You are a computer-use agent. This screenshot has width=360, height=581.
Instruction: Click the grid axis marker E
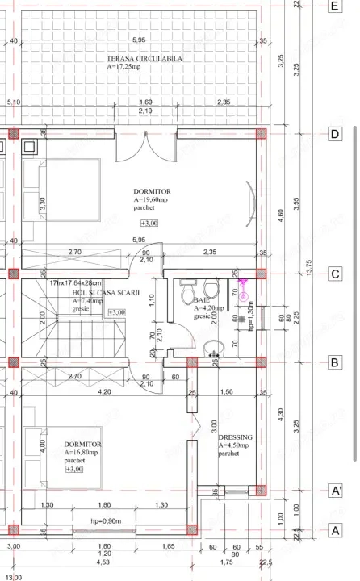pyautogui.click(x=334, y=6)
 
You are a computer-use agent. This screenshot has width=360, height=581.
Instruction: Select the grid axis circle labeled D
pyautogui.click(x=334, y=135)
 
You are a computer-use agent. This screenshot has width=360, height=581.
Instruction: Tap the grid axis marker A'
pyautogui.click(x=334, y=490)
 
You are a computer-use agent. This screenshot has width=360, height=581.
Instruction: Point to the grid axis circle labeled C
pyautogui.click(x=334, y=274)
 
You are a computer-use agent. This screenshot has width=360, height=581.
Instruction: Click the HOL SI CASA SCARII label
pyautogui.click(x=83, y=292)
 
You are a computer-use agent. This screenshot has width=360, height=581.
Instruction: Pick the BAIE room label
pyautogui.click(x=202, y=300)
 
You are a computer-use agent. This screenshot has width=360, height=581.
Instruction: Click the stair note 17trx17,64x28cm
pyautogui.click(x=75, y=283)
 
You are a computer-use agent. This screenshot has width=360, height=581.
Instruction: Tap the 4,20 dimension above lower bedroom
pyautogui.click(x=105, y=392)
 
